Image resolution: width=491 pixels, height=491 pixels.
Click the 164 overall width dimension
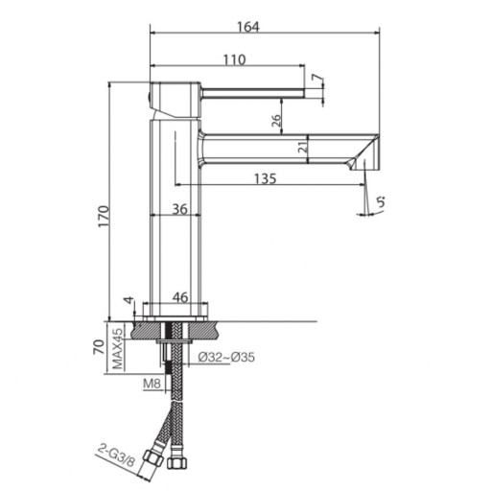248,27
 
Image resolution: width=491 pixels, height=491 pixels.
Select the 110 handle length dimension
234,59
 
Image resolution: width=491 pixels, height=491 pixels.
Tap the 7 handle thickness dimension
316,79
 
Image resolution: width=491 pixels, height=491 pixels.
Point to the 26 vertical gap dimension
277,120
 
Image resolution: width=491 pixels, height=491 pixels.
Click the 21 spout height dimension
302,147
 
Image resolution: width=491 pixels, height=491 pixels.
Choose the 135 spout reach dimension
265,178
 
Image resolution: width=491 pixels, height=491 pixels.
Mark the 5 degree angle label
380,201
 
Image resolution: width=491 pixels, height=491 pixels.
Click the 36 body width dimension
179,209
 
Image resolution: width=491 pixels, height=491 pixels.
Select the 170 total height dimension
104,217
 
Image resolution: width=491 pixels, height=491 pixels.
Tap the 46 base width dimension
180,297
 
